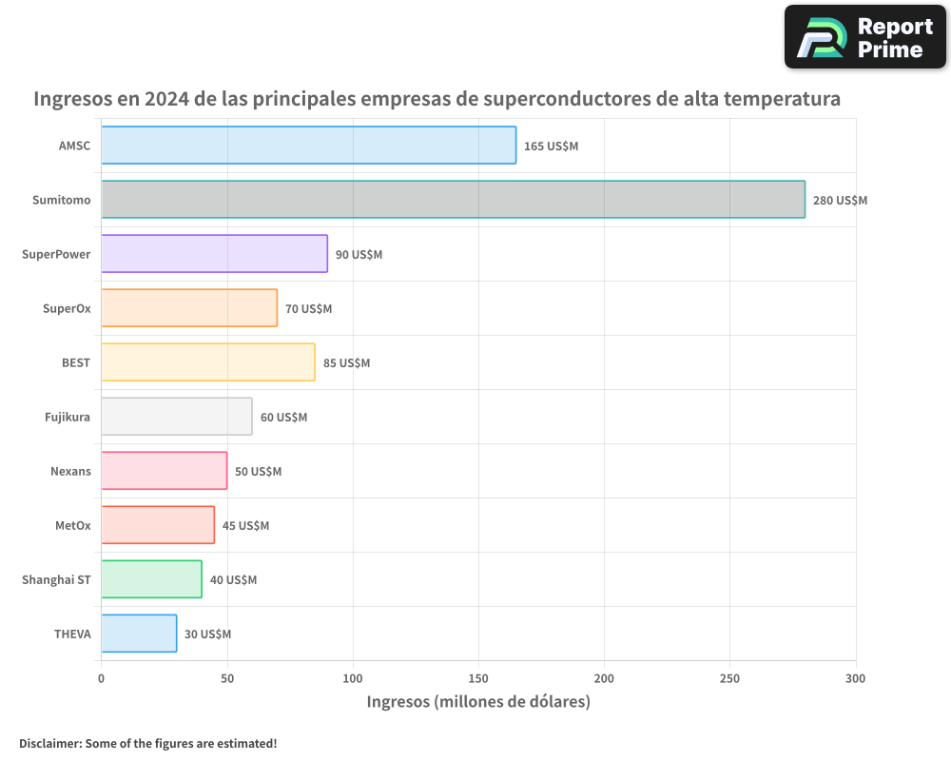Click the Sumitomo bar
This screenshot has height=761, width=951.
(453, 200)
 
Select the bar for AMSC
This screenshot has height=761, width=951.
(309, 146)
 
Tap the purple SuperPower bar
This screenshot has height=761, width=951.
(214, 254)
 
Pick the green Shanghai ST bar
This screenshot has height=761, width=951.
(151, 579)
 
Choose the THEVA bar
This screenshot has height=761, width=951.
(139, 634)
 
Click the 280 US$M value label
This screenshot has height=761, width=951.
(840, 201)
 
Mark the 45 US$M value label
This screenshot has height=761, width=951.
(245, 526)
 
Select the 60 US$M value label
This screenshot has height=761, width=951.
(283, 418)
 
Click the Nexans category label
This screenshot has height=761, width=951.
(70, 472)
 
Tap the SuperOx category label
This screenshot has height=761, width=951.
(67, 309)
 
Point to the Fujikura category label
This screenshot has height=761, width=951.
(68, 418)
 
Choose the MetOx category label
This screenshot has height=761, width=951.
(72, 526)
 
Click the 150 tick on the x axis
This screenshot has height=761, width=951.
(478, 678)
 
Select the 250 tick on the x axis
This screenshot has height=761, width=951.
(729, 678)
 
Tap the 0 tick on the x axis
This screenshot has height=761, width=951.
(102, 678)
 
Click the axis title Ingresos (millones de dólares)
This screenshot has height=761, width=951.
(478, 702)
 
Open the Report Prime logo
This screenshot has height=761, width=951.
(864, 37)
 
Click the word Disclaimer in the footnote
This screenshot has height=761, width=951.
(49, 743)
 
